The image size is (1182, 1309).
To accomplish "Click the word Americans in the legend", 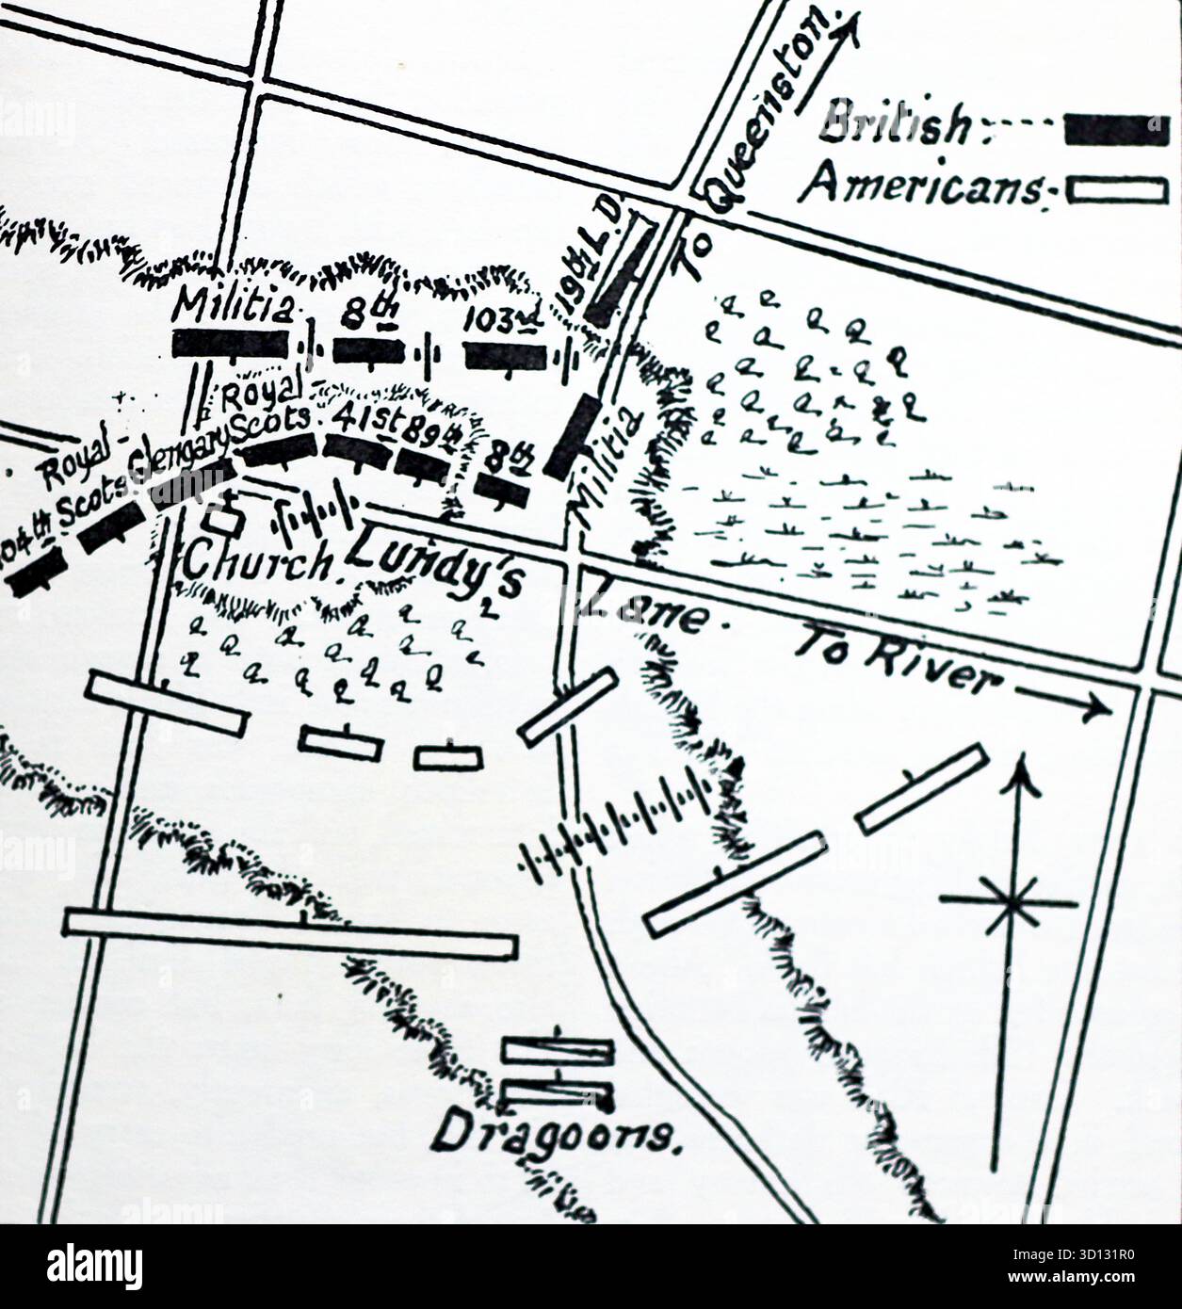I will tap(923, 185).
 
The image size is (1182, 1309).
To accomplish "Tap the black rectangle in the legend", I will tap(1116, 130).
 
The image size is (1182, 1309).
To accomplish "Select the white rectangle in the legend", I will tap(1116, 192).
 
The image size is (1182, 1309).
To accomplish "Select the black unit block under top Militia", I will tap(231, 343).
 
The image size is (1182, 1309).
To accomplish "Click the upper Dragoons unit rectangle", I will tap(558, 1051).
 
